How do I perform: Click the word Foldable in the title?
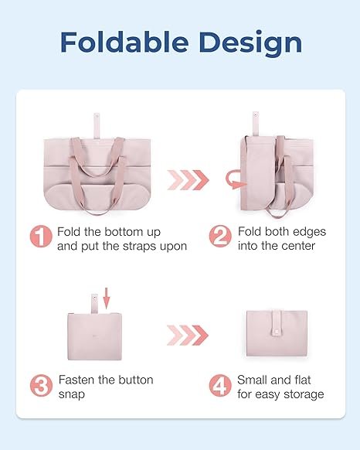124,42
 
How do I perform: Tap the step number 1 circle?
41,236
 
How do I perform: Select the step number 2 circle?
220,236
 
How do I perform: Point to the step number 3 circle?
41,386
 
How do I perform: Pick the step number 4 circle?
220,386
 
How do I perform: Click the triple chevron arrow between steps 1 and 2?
188,180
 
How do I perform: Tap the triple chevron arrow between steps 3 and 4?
188,336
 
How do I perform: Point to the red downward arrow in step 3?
107,298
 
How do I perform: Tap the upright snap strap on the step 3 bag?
94,304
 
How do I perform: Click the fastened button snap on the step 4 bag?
276,332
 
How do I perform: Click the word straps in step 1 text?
139,246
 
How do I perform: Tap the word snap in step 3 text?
71,394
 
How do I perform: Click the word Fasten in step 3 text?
76,380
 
